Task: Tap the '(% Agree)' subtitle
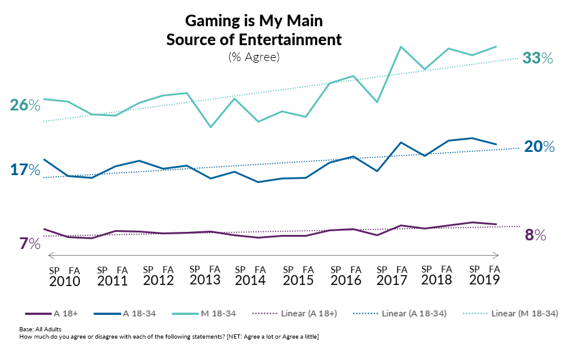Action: (x=254, y=57)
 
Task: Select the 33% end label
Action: (x=538, y=58)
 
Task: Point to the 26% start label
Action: (x=25, y=106)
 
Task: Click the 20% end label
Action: (x=539, y=147)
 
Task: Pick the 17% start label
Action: (x=25, y=170)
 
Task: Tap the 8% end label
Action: (x=535, y=235)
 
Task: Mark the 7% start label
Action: (x=29, y=244)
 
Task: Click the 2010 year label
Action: (x=64, y=281)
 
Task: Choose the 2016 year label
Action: (x=345, y=280)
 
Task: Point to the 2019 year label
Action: (x=484, y=279)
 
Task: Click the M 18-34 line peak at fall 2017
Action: (x=401, y=46)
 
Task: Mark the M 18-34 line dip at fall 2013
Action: (x=210, y=127)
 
